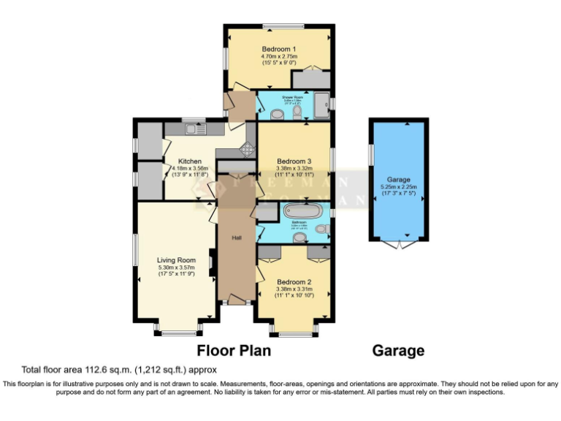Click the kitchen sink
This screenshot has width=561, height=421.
tap(194, 129)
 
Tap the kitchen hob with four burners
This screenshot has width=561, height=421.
tap(247, 148)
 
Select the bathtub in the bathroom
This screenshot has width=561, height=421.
tap(302, 213)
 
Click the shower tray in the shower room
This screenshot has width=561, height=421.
tap(321, 105)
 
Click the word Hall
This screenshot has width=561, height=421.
tap(237, 238)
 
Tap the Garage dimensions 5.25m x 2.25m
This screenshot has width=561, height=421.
tap(399, 187)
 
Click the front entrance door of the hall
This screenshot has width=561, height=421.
tap(237, 300)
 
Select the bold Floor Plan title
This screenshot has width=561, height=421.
tap(234, 351)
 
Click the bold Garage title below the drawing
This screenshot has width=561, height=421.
tap(398, 351)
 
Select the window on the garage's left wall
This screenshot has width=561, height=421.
tap(370, 154)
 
